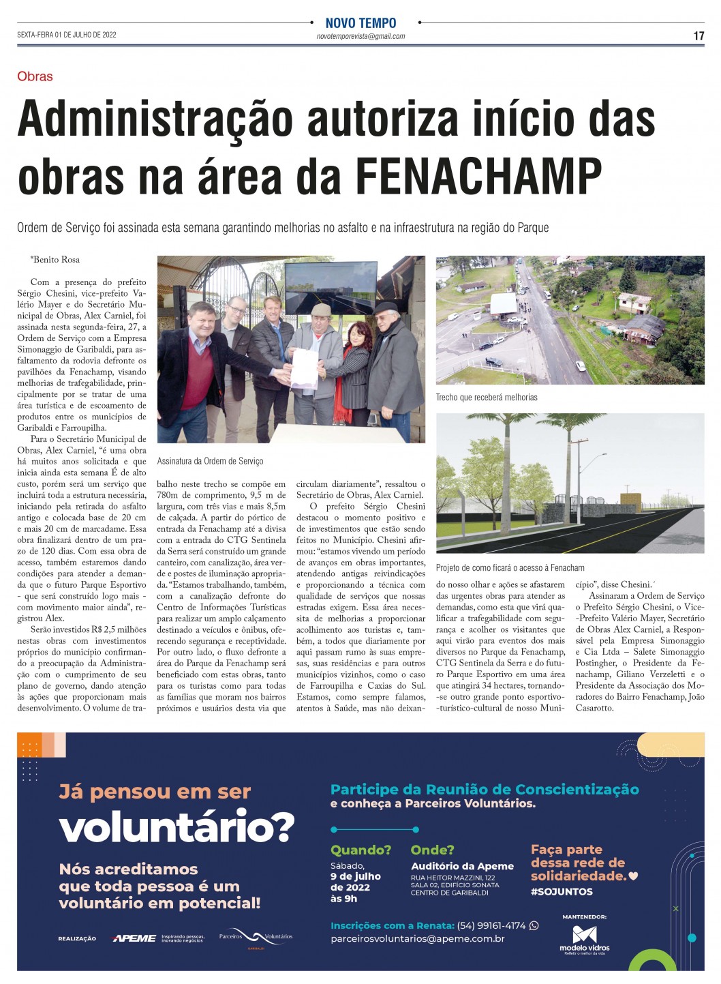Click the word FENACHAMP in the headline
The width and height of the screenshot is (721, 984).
(479, 176)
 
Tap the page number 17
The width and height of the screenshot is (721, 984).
(699, 36)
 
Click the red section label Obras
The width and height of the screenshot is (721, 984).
(35, 76)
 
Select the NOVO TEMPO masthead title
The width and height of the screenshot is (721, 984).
(360, 23)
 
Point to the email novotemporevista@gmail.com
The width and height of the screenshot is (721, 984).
(360, 37)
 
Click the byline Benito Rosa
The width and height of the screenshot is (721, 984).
(55, 259)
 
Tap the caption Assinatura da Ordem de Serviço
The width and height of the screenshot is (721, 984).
(210, 461)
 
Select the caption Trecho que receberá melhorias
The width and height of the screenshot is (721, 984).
(487, 397)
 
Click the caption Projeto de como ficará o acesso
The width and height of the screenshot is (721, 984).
(510, 567)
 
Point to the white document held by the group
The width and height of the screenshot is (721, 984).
(304, 368)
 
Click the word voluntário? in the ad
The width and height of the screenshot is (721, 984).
(177, 828)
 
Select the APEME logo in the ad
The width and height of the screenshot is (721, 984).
(134, 938)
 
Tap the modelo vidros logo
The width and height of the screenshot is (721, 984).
(585, 939)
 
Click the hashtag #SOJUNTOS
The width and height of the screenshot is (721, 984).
(562, 891)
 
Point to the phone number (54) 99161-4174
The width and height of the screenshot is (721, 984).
(491, 925)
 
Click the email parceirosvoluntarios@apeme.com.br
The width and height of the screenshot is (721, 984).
(417, 939)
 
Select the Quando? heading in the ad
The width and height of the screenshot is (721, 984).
(360, 850)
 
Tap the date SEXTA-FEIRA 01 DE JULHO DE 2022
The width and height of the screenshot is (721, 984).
(67, 35)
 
